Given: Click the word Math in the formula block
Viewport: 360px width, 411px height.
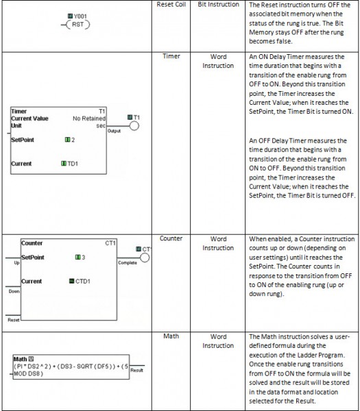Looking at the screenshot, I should [x=20, y=359].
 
